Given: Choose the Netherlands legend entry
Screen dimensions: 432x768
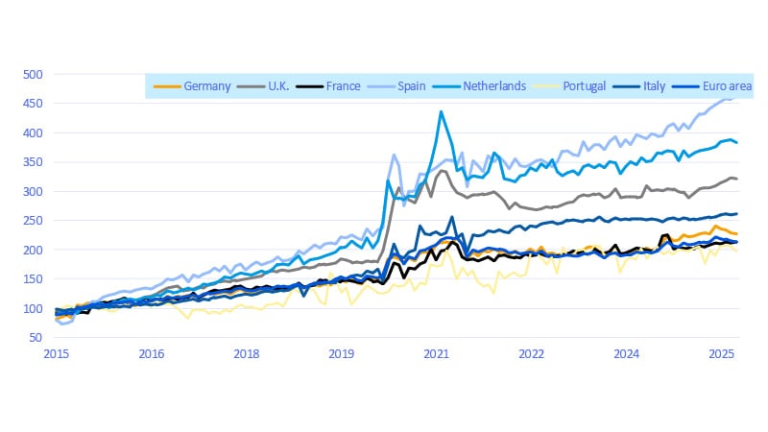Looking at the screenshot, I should click(493, 86).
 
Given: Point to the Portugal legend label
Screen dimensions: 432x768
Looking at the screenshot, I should click(585, 86).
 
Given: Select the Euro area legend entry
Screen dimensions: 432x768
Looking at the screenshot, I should click(727, 86).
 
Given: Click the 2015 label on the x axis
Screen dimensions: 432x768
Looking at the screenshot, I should click(56, 353).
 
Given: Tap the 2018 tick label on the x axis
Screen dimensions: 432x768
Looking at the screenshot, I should click(247, 353).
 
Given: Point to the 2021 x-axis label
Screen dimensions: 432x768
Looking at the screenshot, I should click(437, 353).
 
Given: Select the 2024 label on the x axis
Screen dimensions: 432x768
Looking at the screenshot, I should click(627, 353).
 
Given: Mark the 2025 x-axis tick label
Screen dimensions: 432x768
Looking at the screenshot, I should click(722, 353).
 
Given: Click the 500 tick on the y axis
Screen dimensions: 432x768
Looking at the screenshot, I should click(33, 74).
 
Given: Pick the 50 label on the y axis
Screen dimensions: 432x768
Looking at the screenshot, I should click(36, 337).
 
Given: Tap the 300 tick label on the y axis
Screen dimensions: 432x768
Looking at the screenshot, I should click(33, 191).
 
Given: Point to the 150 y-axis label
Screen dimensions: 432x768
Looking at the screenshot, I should click(33, 278).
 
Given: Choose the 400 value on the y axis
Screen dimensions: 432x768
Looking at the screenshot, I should click(33, 132).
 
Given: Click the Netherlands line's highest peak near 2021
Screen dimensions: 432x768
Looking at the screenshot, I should click(441, 111).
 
